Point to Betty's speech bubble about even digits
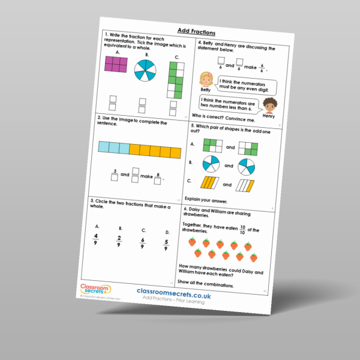tap(242, 85)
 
